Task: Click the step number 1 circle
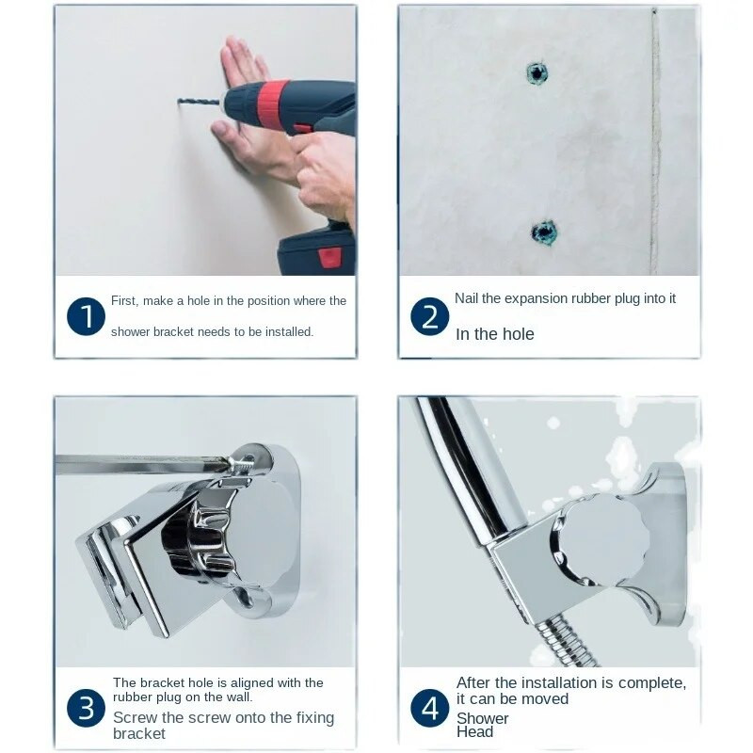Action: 86,316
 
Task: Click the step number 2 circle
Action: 430,316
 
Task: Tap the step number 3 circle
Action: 86,709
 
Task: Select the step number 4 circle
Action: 430,709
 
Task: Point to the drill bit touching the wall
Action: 199,102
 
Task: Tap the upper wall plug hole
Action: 537,73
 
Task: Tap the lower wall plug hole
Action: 544,232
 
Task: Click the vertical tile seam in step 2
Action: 654,140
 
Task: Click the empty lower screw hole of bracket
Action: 247,596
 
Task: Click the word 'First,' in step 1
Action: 125,301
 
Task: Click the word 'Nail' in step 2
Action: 466,298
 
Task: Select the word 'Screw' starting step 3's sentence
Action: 135,717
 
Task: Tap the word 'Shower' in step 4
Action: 482,718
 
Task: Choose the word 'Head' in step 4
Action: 474,732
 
